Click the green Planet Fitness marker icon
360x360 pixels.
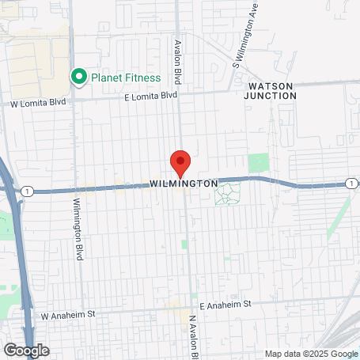tap(78, 78)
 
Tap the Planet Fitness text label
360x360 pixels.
tap(125, 78)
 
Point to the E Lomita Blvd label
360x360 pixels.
tap(151, 96)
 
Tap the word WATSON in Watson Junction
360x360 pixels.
tap(270, 85)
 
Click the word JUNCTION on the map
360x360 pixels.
tap(270, 95)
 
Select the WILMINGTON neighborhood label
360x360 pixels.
tap(183, 184)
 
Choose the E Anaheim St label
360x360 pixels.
tap(225, 305)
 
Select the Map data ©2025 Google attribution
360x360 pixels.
tap(311, 354)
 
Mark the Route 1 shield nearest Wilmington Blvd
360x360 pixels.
tap(28, 191)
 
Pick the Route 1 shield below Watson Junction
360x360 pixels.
tap(350, 184)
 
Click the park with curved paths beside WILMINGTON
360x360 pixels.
tap(228, 192)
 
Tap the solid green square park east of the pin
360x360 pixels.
tap(259, 162)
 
